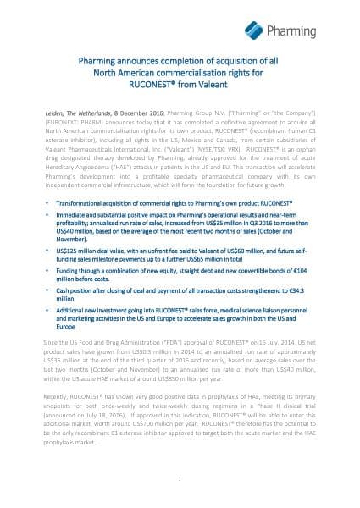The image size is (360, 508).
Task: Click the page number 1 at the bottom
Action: coord(180,478)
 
